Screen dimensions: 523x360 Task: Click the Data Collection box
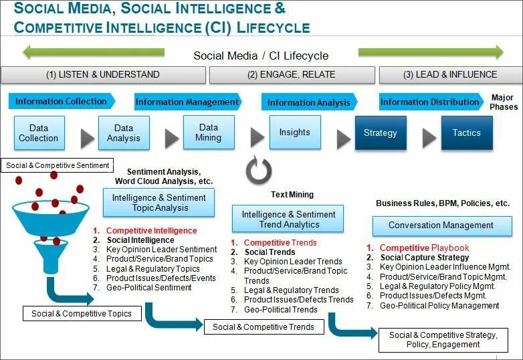pyautogui.click(x=38, y=132)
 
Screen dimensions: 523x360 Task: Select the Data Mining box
pyautogui.click(x=209, y=132)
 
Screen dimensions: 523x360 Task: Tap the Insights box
pyautogui.click(x=294, y=132)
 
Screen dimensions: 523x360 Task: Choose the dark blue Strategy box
pyautogui.click(x=380, y=132)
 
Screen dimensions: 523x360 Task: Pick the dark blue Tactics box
pyautogui.click(x=466, y=132)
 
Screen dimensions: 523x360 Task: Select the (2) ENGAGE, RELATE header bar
pyautogui.click(x=291, y=75)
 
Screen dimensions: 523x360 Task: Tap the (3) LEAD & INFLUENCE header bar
pyautogui.click(x=450, y=75)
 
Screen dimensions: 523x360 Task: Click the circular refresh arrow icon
pyautogui.click(x=258, y=171)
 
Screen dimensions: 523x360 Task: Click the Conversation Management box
pyautogui.click(x=441, y=226)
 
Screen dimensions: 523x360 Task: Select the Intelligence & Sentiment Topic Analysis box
pyautogui.click(x=159, y=203)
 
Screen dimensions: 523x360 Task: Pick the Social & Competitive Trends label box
pyautogui.click(x=263, y=327)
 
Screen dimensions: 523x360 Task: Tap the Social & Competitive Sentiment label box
pyautogui.click(x=57, y=165)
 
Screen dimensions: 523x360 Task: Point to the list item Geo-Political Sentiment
pyautogui.click(x=148, y=288)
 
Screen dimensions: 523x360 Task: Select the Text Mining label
pyautogui.click(x=292, y=195)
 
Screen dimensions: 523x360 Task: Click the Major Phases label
pyautogui.click(x=503, y=102)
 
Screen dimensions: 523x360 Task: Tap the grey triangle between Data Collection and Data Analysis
pyautogui.click(x=87, y=138)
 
